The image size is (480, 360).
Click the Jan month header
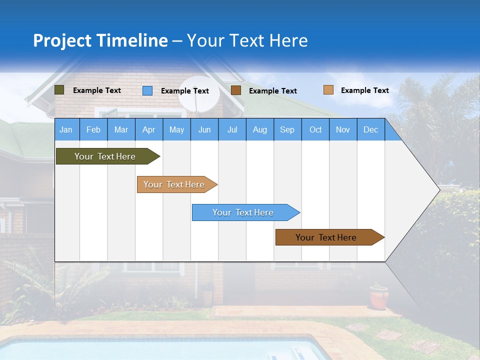pos(66,129)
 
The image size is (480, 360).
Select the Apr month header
pos(148,129)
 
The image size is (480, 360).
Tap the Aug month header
pos(259,129)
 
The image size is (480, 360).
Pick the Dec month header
pos(370,129)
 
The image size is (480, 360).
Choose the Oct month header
pos(315,129)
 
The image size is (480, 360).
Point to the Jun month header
pos(204,129)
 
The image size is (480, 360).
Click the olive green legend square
pos(59,90)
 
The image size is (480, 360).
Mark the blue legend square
pos(147,90)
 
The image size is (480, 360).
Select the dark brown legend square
pos(236,90)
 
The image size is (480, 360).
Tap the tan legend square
pos(328,90)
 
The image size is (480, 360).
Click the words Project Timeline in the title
pos(100,40)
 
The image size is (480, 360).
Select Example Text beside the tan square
pos(364,90)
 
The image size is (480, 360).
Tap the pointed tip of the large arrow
pos(439,189)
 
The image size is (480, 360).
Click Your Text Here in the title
pos(247,40)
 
